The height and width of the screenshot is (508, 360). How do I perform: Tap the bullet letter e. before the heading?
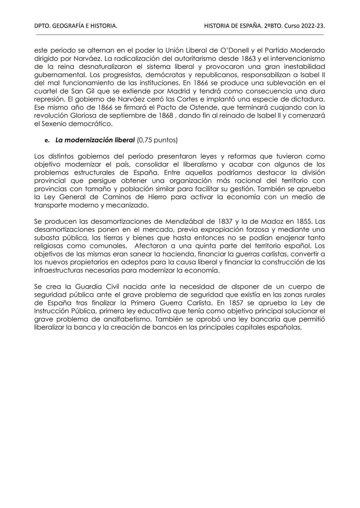point(47,141)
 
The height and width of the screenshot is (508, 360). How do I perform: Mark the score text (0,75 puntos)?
point(157,140)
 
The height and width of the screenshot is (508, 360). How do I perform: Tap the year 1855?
point(303,222)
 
